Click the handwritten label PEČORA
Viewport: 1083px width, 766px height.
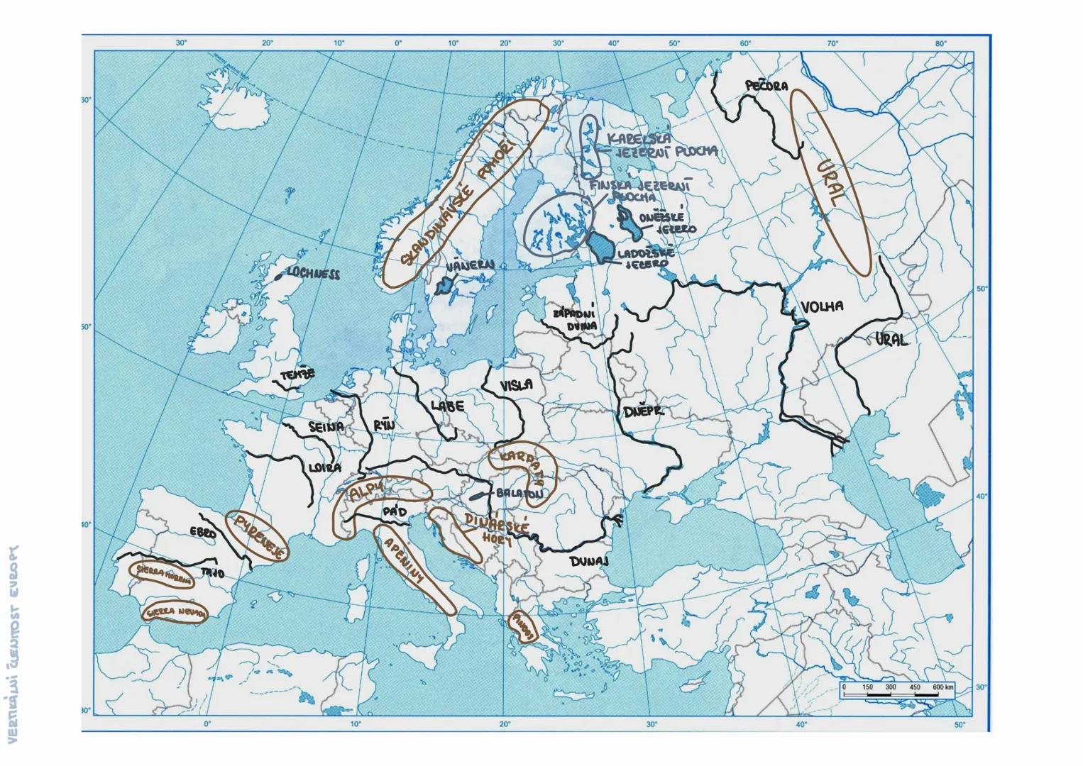tap(766, 86)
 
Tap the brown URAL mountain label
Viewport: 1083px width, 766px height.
tap(828, 182)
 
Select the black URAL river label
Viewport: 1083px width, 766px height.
tap(891, 340)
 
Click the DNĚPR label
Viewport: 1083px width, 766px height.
tap(643, 411)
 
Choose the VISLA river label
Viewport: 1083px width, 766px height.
tap(516, 385)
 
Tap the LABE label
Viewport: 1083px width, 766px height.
tap(447, 406)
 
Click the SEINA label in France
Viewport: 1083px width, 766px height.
tap(326, 427)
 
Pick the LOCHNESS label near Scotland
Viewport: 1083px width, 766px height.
tap(312, 273)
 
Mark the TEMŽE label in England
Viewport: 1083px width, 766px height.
tap(297, 374)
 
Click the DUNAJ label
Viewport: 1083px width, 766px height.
tap(589, 561)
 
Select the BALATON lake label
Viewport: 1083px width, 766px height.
tap(520, 492)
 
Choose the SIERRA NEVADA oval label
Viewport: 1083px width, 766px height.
tap(175, 611)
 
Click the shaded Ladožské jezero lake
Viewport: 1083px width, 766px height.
tap(602, 247)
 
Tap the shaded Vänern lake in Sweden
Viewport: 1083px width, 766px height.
tap(445, 286)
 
